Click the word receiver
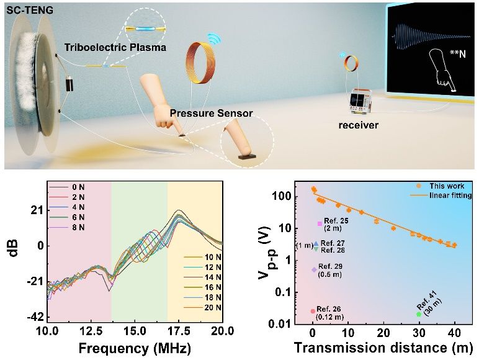click(359, 125)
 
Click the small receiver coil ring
click(351, 63)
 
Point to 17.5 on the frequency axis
click(179, 330)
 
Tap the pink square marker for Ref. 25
click(320, 223)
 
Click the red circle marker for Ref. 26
click(313, 311)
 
